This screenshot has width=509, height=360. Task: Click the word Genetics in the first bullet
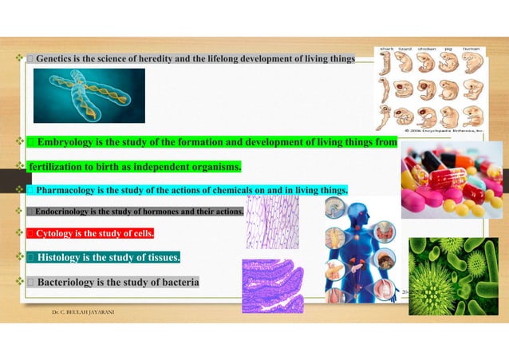[53, 59]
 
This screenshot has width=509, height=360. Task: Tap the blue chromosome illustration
[89, 95]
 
